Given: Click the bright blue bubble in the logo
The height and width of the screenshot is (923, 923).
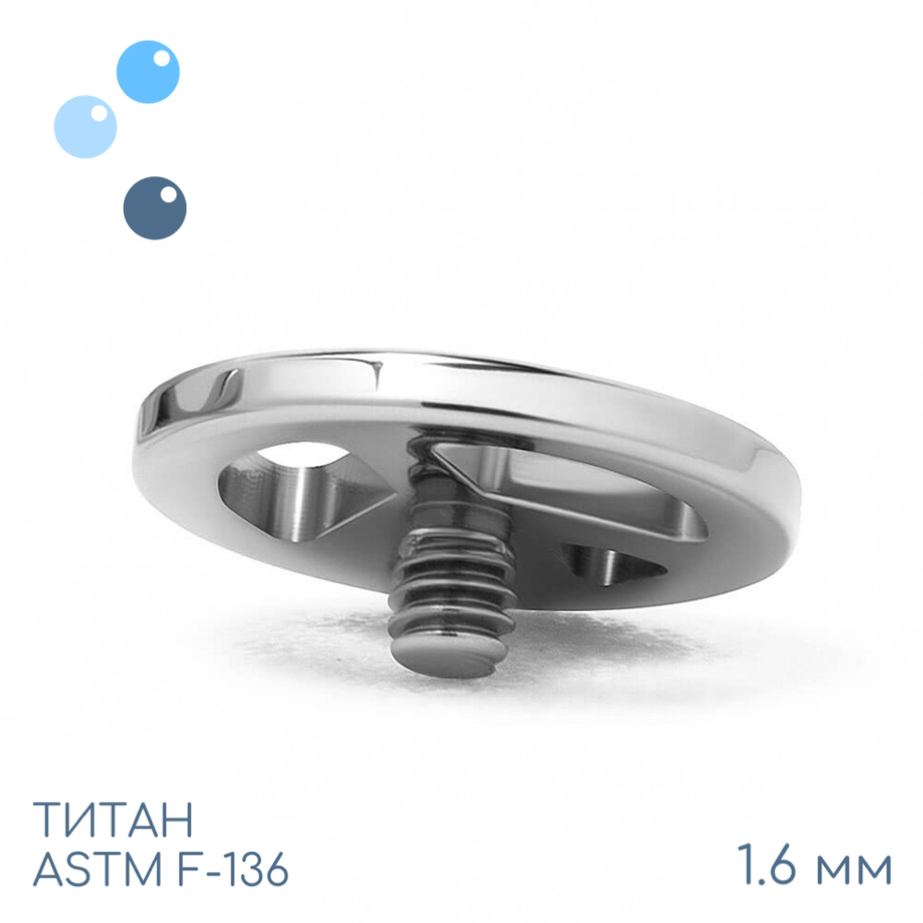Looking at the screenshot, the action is (x=148, y=72).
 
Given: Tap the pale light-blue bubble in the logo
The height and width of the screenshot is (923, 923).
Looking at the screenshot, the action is (x=85, y=126).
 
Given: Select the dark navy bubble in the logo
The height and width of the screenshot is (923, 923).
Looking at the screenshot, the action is (x=155, y=208).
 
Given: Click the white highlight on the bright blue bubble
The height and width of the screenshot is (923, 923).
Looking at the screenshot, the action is (x=162, y=58).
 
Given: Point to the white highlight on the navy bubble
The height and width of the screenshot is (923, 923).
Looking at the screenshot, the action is (x=168, y=194).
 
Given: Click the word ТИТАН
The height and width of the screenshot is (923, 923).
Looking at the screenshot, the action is (x=113, y=819).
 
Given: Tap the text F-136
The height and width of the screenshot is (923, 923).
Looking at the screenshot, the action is (x=233, y=869).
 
